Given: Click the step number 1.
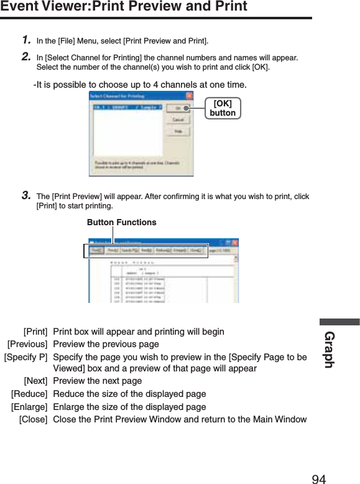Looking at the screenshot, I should click(x=27, y=40).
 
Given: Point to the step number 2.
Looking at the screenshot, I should click(x=27, y=57).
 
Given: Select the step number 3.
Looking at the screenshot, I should click(x=27, y=195).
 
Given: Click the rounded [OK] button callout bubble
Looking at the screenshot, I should click(x=223, y=108).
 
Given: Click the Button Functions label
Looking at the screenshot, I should click(x=121, y=222).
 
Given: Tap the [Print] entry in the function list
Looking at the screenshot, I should click(x=35, y=332).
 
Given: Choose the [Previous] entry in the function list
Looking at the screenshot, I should click(x=27, y=344).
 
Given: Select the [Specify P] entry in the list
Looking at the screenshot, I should click(x=25, y=357).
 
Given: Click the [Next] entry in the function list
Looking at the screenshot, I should click(x=35, y=381).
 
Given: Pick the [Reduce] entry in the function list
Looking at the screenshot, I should click(x=29, y=394).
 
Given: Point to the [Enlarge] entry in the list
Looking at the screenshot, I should click(x=29, y=407).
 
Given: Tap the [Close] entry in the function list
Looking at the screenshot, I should click(x=33, y=419).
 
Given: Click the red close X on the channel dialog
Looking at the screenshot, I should click(x=189, y=96).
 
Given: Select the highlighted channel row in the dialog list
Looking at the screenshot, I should click(x=127, y=107).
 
